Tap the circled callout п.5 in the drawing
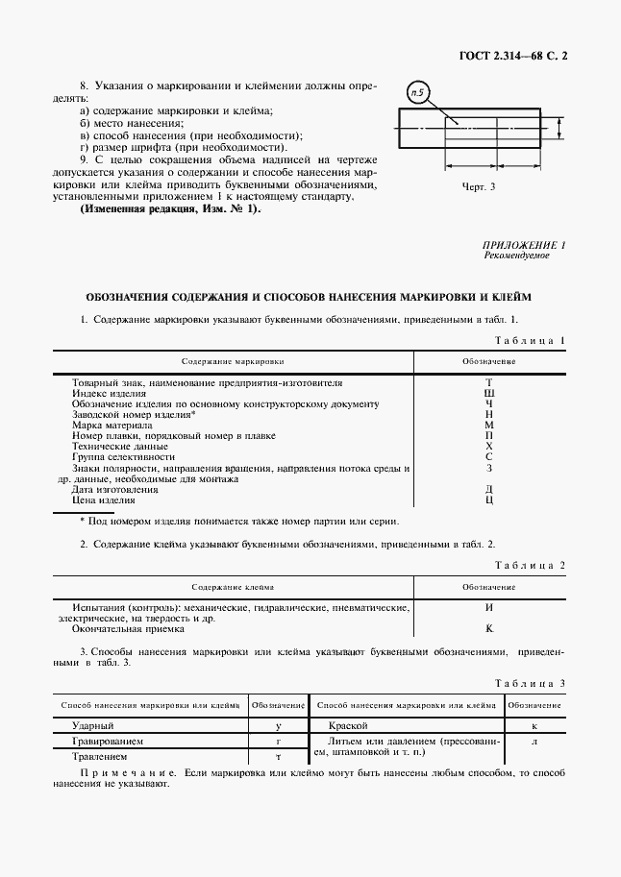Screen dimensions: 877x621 click(x=419, y=93)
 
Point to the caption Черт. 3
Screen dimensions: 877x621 click(x=478, y=186)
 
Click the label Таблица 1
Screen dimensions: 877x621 click(x=530, y=340)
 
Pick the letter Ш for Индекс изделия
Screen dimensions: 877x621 click(x=489, y=393)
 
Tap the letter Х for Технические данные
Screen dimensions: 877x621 click(x=489, y=447)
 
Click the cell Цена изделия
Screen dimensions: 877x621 click(x=104, y=499)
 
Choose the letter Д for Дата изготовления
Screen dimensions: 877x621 click(x=489, y=489)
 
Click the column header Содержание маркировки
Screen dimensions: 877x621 click(x=234, y=361)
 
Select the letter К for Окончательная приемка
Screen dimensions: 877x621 click(x=489, y=628)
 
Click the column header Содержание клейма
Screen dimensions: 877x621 click(x=233, y=586)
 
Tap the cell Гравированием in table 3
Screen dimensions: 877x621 click(x=109, y=742)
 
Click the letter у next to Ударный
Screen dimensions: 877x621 click(x=278, y=726)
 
